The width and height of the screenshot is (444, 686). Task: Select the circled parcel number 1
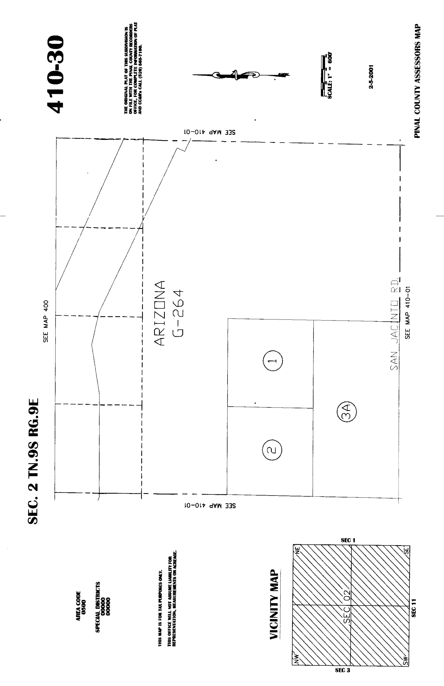pyautogui.click(x=273, y=360)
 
